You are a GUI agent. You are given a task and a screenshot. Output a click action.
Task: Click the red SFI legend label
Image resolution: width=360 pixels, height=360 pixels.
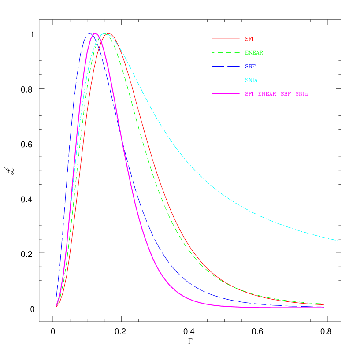pyautogui.click(x=249, y=39)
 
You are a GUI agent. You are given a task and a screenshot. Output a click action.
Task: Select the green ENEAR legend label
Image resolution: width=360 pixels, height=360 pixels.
pyautogui.click(x=254, y=52)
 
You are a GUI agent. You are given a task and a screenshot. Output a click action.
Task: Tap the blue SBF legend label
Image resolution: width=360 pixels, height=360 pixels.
pyautogui.click(x=250, y=66)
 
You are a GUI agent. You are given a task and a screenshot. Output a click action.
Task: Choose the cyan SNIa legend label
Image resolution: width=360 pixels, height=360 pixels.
pyautogui.click(x=251, y=80)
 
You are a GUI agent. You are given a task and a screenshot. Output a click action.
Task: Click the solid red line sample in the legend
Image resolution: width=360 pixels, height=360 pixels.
pyautogui.click(x=226, y=39)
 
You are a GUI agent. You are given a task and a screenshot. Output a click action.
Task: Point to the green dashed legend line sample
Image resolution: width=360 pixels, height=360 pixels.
pyautogui.click(x=226, y=52)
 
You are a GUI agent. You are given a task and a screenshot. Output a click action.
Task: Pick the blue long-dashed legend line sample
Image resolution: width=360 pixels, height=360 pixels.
pyautogui.click(x=226, y=66)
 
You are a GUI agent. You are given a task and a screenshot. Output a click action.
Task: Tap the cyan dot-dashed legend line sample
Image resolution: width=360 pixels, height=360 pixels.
pyautogui.click(x=226, y=80)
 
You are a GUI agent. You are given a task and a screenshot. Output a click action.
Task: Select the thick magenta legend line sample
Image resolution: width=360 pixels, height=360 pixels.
pyautogui.click(x=226, y=94)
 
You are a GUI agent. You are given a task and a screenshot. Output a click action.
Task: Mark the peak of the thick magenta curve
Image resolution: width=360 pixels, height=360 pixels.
pyautogui.click(x=94, y=33)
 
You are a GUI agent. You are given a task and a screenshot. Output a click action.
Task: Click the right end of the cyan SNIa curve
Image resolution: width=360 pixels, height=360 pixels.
pyautogui.click(x=341, y=241)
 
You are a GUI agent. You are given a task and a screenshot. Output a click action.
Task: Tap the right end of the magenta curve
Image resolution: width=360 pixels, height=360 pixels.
pyautogui.click(x=324, y=308)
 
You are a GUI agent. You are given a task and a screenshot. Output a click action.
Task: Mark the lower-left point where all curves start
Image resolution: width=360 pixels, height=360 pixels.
pyautogui.click(x=56, y=306)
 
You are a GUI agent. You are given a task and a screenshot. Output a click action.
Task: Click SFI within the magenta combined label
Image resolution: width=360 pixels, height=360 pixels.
pyautogui.click(x=249, y=94)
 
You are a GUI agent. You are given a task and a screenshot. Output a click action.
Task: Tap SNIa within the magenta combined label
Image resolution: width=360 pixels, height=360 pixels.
pyautogui.click(x=301, y=94)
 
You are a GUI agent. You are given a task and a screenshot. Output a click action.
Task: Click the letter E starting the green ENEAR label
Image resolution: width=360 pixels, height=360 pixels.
pyautogui.click(x=247, y=52)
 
